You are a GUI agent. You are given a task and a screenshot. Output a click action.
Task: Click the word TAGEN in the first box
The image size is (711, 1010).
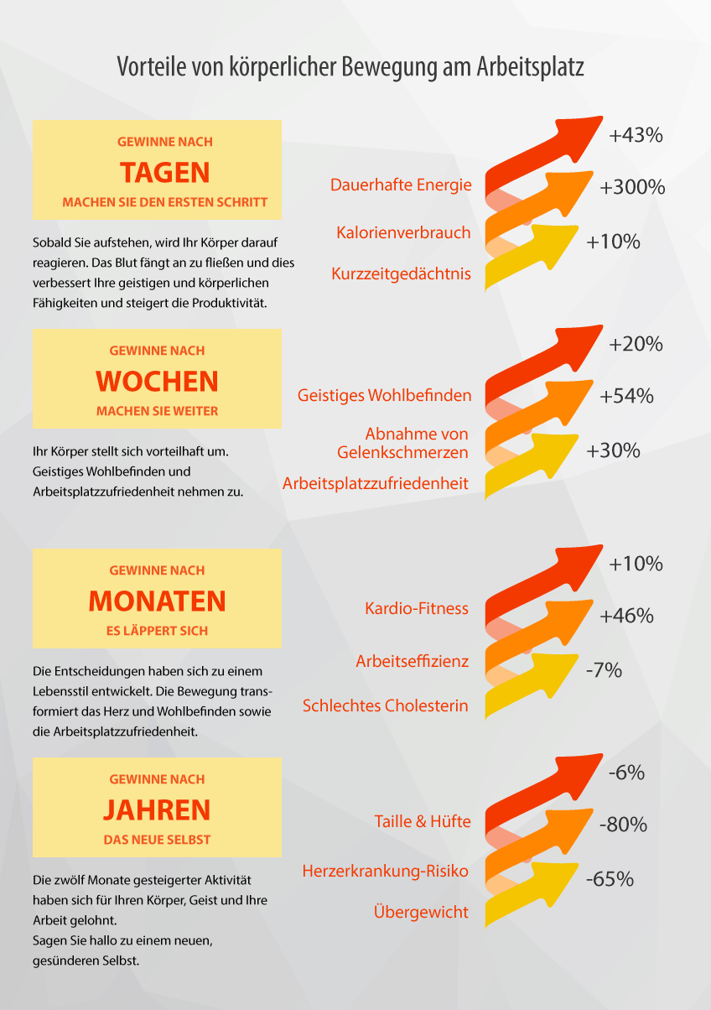click(x=165, y=173)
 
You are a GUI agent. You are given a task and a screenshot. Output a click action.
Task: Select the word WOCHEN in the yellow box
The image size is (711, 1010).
click(x=158, y=382)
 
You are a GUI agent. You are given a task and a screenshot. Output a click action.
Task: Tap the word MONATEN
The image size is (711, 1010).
click(x=158, y=601)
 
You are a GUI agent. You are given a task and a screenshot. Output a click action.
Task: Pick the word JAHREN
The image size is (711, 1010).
click(x=158, y=810)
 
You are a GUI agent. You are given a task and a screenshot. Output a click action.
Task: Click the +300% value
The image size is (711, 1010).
click(x=632, y=187)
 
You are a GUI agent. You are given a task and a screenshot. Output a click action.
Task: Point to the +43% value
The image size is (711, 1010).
click(x=636, y=135)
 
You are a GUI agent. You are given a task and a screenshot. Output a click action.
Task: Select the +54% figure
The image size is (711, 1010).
click(x=627, y=396)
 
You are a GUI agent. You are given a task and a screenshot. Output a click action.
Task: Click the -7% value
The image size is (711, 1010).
click(x=604, y=670)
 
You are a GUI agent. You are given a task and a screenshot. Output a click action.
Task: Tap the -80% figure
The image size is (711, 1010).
click(x=623, y=825)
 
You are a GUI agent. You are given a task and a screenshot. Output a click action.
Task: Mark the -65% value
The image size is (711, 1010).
click(x=610, y=879)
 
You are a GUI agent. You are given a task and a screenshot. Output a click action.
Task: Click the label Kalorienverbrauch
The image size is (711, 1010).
click(x=403, y=232)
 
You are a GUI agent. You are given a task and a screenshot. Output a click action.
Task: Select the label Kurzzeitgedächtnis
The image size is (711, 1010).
click(x=401, y=273)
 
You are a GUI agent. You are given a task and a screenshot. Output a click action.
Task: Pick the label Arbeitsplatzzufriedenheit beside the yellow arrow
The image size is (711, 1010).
click(x=376, y=483)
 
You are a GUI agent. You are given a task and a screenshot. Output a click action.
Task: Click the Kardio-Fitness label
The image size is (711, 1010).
click(x=417, y=609)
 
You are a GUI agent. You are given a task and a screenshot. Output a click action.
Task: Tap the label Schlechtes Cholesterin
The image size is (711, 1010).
click(x=385, y=705)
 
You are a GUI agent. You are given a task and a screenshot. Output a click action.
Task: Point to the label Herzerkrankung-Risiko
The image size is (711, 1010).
click(x=385, y=871)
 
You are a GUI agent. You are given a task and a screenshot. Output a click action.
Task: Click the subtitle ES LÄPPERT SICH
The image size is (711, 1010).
click(x=158, y=631)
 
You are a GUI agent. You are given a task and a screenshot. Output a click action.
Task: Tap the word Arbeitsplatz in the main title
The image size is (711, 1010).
click(x=531, y=67)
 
